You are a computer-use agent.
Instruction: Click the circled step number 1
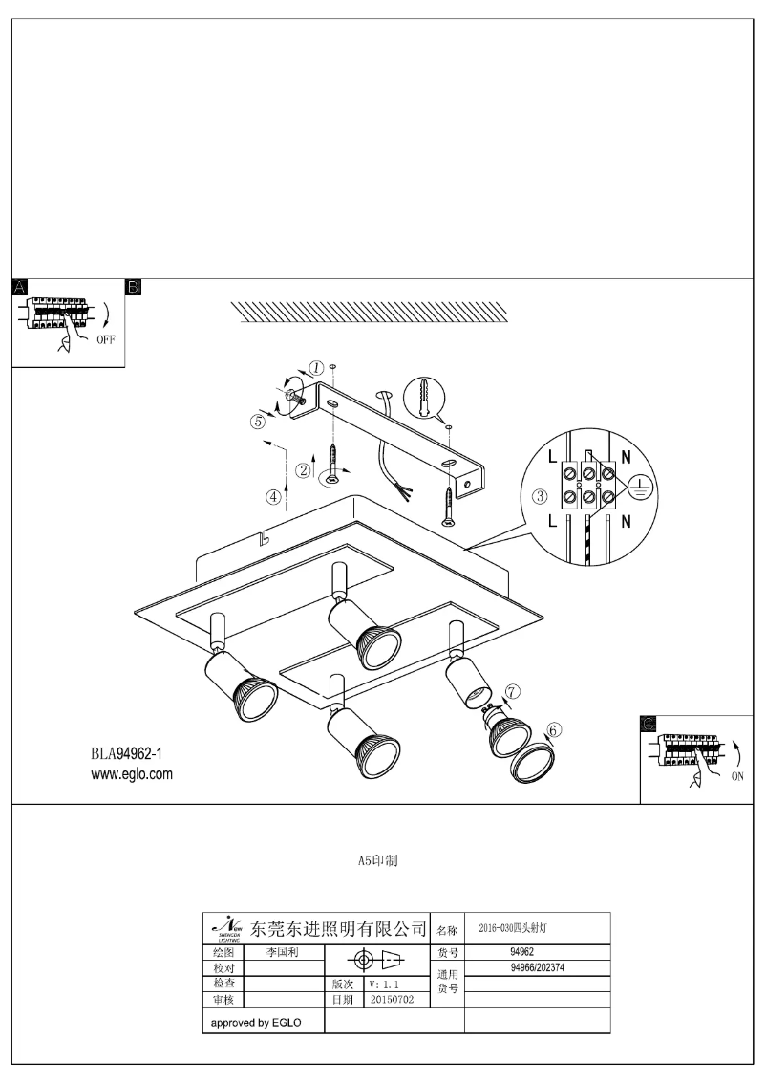coord(316,367)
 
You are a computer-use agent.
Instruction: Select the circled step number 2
coord(303,469)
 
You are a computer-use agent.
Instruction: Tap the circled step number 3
coord(540,496)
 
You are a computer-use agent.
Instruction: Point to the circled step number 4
coord(275,496)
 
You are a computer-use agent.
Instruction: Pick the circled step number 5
coord(258,420)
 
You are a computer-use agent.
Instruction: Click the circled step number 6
coord(555,728)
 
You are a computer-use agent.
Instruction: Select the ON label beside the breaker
coord(737,777)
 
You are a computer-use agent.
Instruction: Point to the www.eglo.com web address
coord(132,774)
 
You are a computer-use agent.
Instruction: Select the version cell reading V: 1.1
coord(386,983)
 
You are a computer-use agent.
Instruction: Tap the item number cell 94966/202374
coord(538,966)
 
